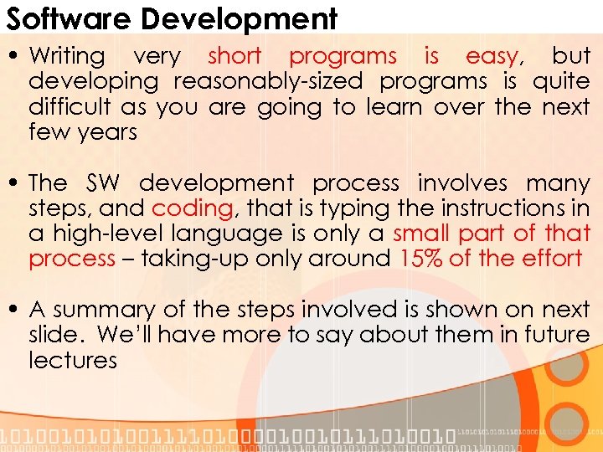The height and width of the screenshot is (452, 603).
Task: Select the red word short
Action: pyautogui.click(x=234, y=56)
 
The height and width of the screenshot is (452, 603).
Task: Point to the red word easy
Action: pyautogui.click(x=492, y=56)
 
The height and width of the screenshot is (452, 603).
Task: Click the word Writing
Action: pyautogui.click(x=67, y=56)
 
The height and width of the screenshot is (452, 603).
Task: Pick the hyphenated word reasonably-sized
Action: pyautogui.click(x=268, y=81)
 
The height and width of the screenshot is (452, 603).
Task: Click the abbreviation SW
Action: pyautogui.click(x=104, y=182)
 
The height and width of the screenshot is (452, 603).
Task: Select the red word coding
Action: pyautogui.click(x=192, y=208)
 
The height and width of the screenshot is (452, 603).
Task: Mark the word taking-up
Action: pyautogui.click(x=190, y=258)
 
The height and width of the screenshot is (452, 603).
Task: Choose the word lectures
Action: pyautogui.click(x=73, y=360)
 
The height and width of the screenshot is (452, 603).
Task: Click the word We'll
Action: pyautogui.click(x=125, y=334)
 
